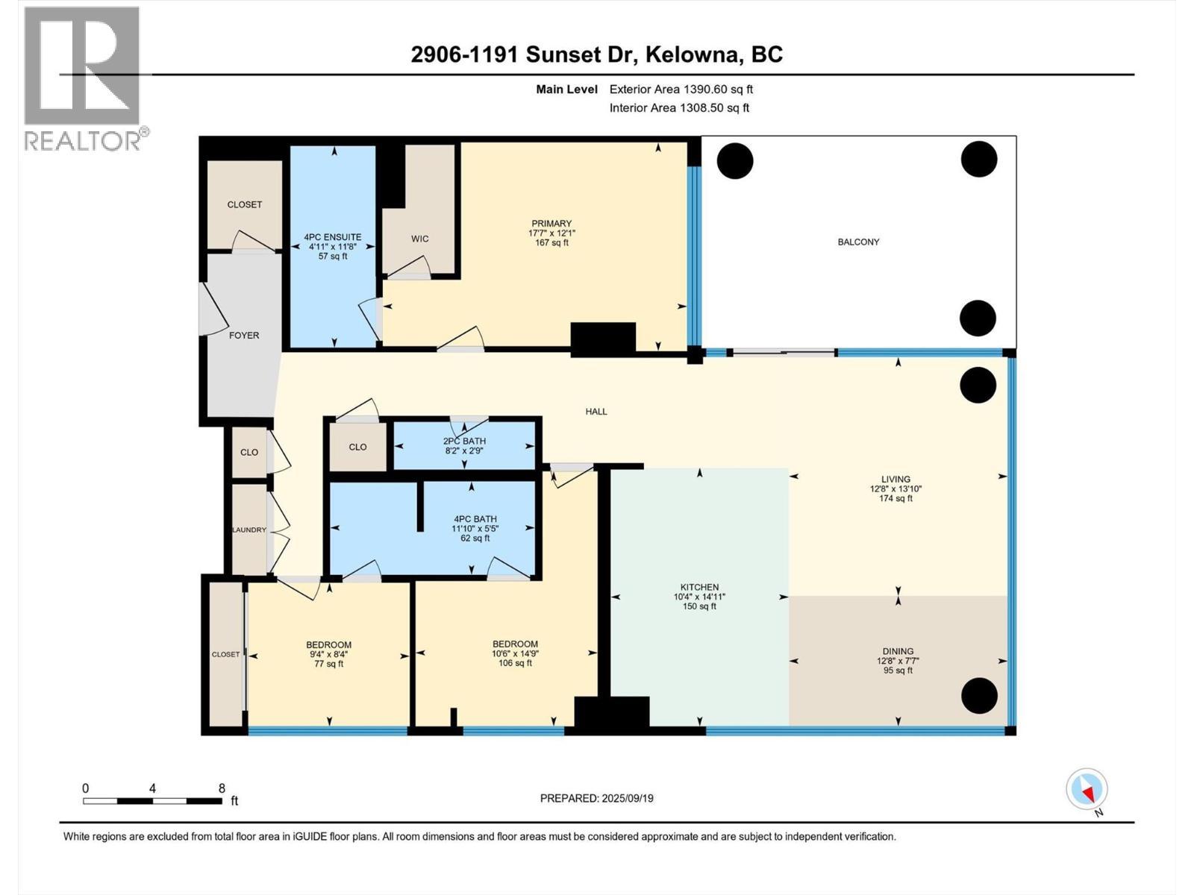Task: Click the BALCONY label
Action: [857, 242]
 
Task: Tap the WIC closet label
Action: [419, 239]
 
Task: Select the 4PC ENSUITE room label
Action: [332, 237]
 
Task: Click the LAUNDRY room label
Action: [249, 530]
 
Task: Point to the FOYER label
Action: [244, 336]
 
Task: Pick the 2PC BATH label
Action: [464, 441]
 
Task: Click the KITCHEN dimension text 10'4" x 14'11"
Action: [699, 597]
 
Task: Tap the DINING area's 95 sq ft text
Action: [898, 671]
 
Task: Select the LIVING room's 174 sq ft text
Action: [895, 498]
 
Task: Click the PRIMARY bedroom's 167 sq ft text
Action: [551, 242]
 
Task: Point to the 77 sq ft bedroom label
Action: [328, 664]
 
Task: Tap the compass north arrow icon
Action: [1087, 789]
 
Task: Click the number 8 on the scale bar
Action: [222, 788]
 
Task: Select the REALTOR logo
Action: [82, 78]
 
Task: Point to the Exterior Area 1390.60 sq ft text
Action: [681, 89]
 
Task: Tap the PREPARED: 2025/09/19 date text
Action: [596, 798]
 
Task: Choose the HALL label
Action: [596, 411]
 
